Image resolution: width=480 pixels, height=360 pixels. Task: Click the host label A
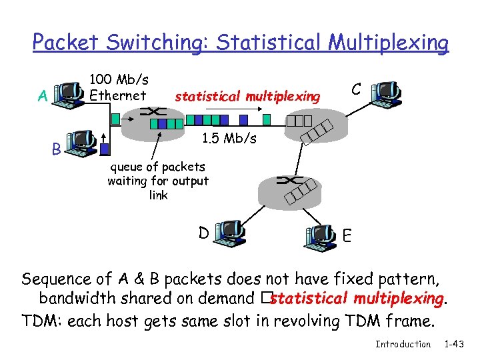[x=43, y=96]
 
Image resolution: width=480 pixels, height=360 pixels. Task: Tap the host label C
[x=357, y=89]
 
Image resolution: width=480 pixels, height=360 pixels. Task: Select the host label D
[x=203, y=233]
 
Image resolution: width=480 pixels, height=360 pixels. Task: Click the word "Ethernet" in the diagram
[x=117, y=95]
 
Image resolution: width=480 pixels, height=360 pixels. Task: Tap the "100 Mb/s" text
[x=119, y=80]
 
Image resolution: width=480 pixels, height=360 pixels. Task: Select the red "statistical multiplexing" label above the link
[x=247, y=97]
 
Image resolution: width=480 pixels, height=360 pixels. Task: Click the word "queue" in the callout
[x=126, y=166]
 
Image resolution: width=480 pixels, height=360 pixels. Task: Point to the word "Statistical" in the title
[x=270, y=43]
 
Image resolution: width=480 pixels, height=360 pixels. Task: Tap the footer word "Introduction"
[x=403, y=344]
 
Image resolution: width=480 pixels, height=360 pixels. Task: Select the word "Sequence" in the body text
[x=57, y=278]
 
